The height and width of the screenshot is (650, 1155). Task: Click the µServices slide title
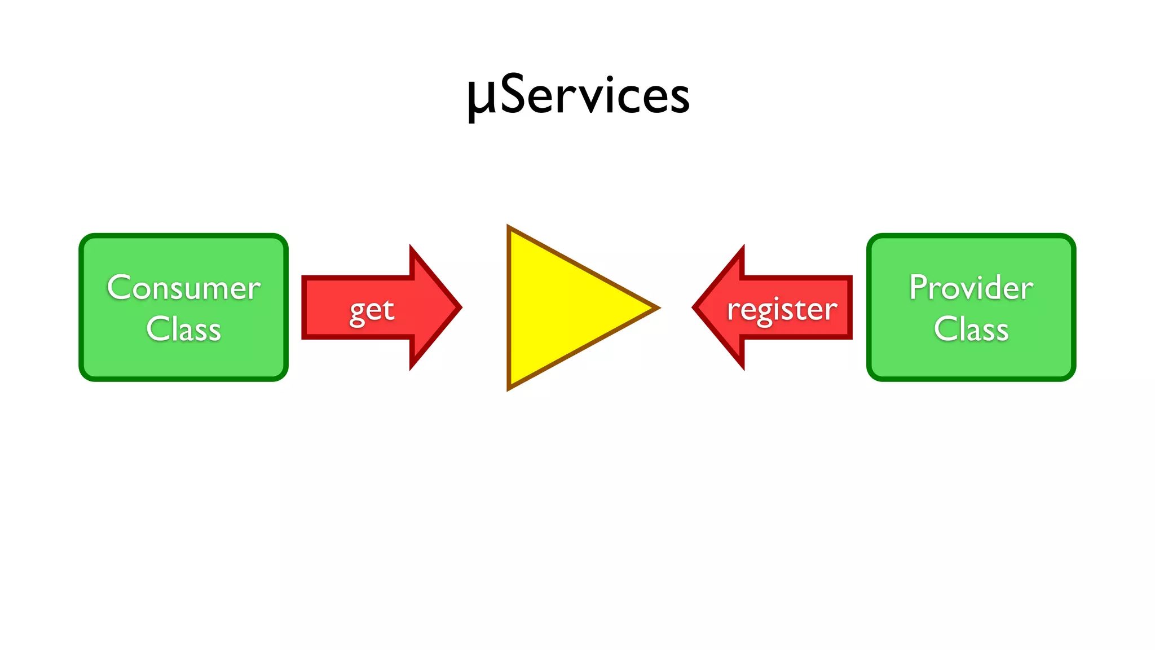pos(579,96)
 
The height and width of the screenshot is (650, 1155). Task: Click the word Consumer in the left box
pos(184,288)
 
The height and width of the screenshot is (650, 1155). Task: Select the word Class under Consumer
pos(184,329)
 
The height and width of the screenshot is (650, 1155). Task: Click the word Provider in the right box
pos(971,288)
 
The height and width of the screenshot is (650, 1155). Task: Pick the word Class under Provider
pos(971,329)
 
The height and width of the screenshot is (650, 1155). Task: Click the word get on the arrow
pos(372,310)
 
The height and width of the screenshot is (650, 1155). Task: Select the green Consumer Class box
pos(184,361)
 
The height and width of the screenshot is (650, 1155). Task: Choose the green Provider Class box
pos(971,361)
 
